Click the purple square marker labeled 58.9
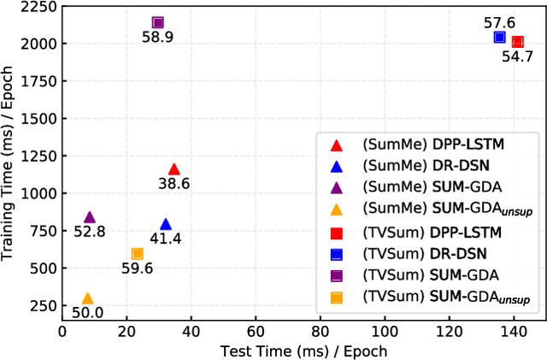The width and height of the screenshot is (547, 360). tap(157, 23)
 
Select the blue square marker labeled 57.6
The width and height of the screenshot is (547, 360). tap(500, 38)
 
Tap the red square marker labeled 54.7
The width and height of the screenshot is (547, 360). tap(517, 42)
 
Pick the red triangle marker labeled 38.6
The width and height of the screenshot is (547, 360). tap(174, 169)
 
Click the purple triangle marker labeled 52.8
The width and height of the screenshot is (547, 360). tap(90, 217)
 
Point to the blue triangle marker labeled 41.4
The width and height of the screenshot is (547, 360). tap(166, 224)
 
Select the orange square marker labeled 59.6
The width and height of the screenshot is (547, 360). tap(137, 253)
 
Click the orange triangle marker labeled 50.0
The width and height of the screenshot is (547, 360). tap(87, 298)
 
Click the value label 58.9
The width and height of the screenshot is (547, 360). tap(158, 38)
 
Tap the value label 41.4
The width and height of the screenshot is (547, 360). tap(166, 239)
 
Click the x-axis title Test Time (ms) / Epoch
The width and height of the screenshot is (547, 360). tap(303, 351)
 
